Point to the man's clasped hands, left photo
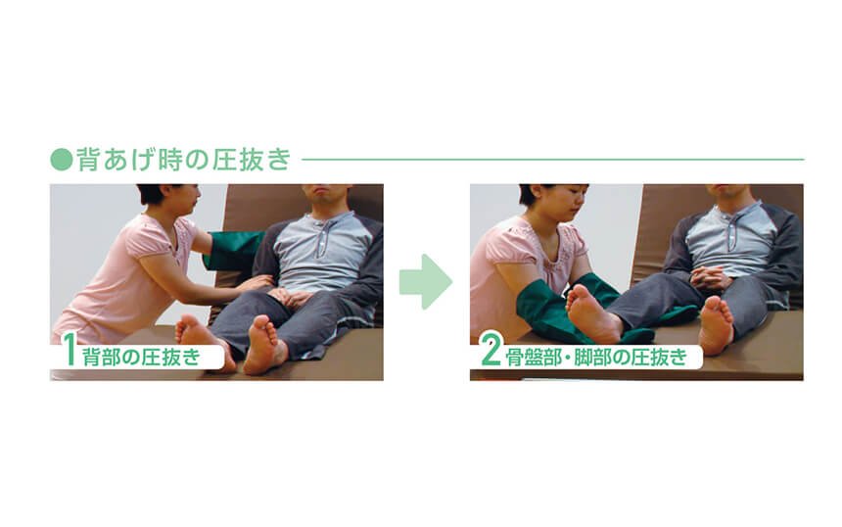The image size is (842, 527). pyautogui.click(x=290, y=296)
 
